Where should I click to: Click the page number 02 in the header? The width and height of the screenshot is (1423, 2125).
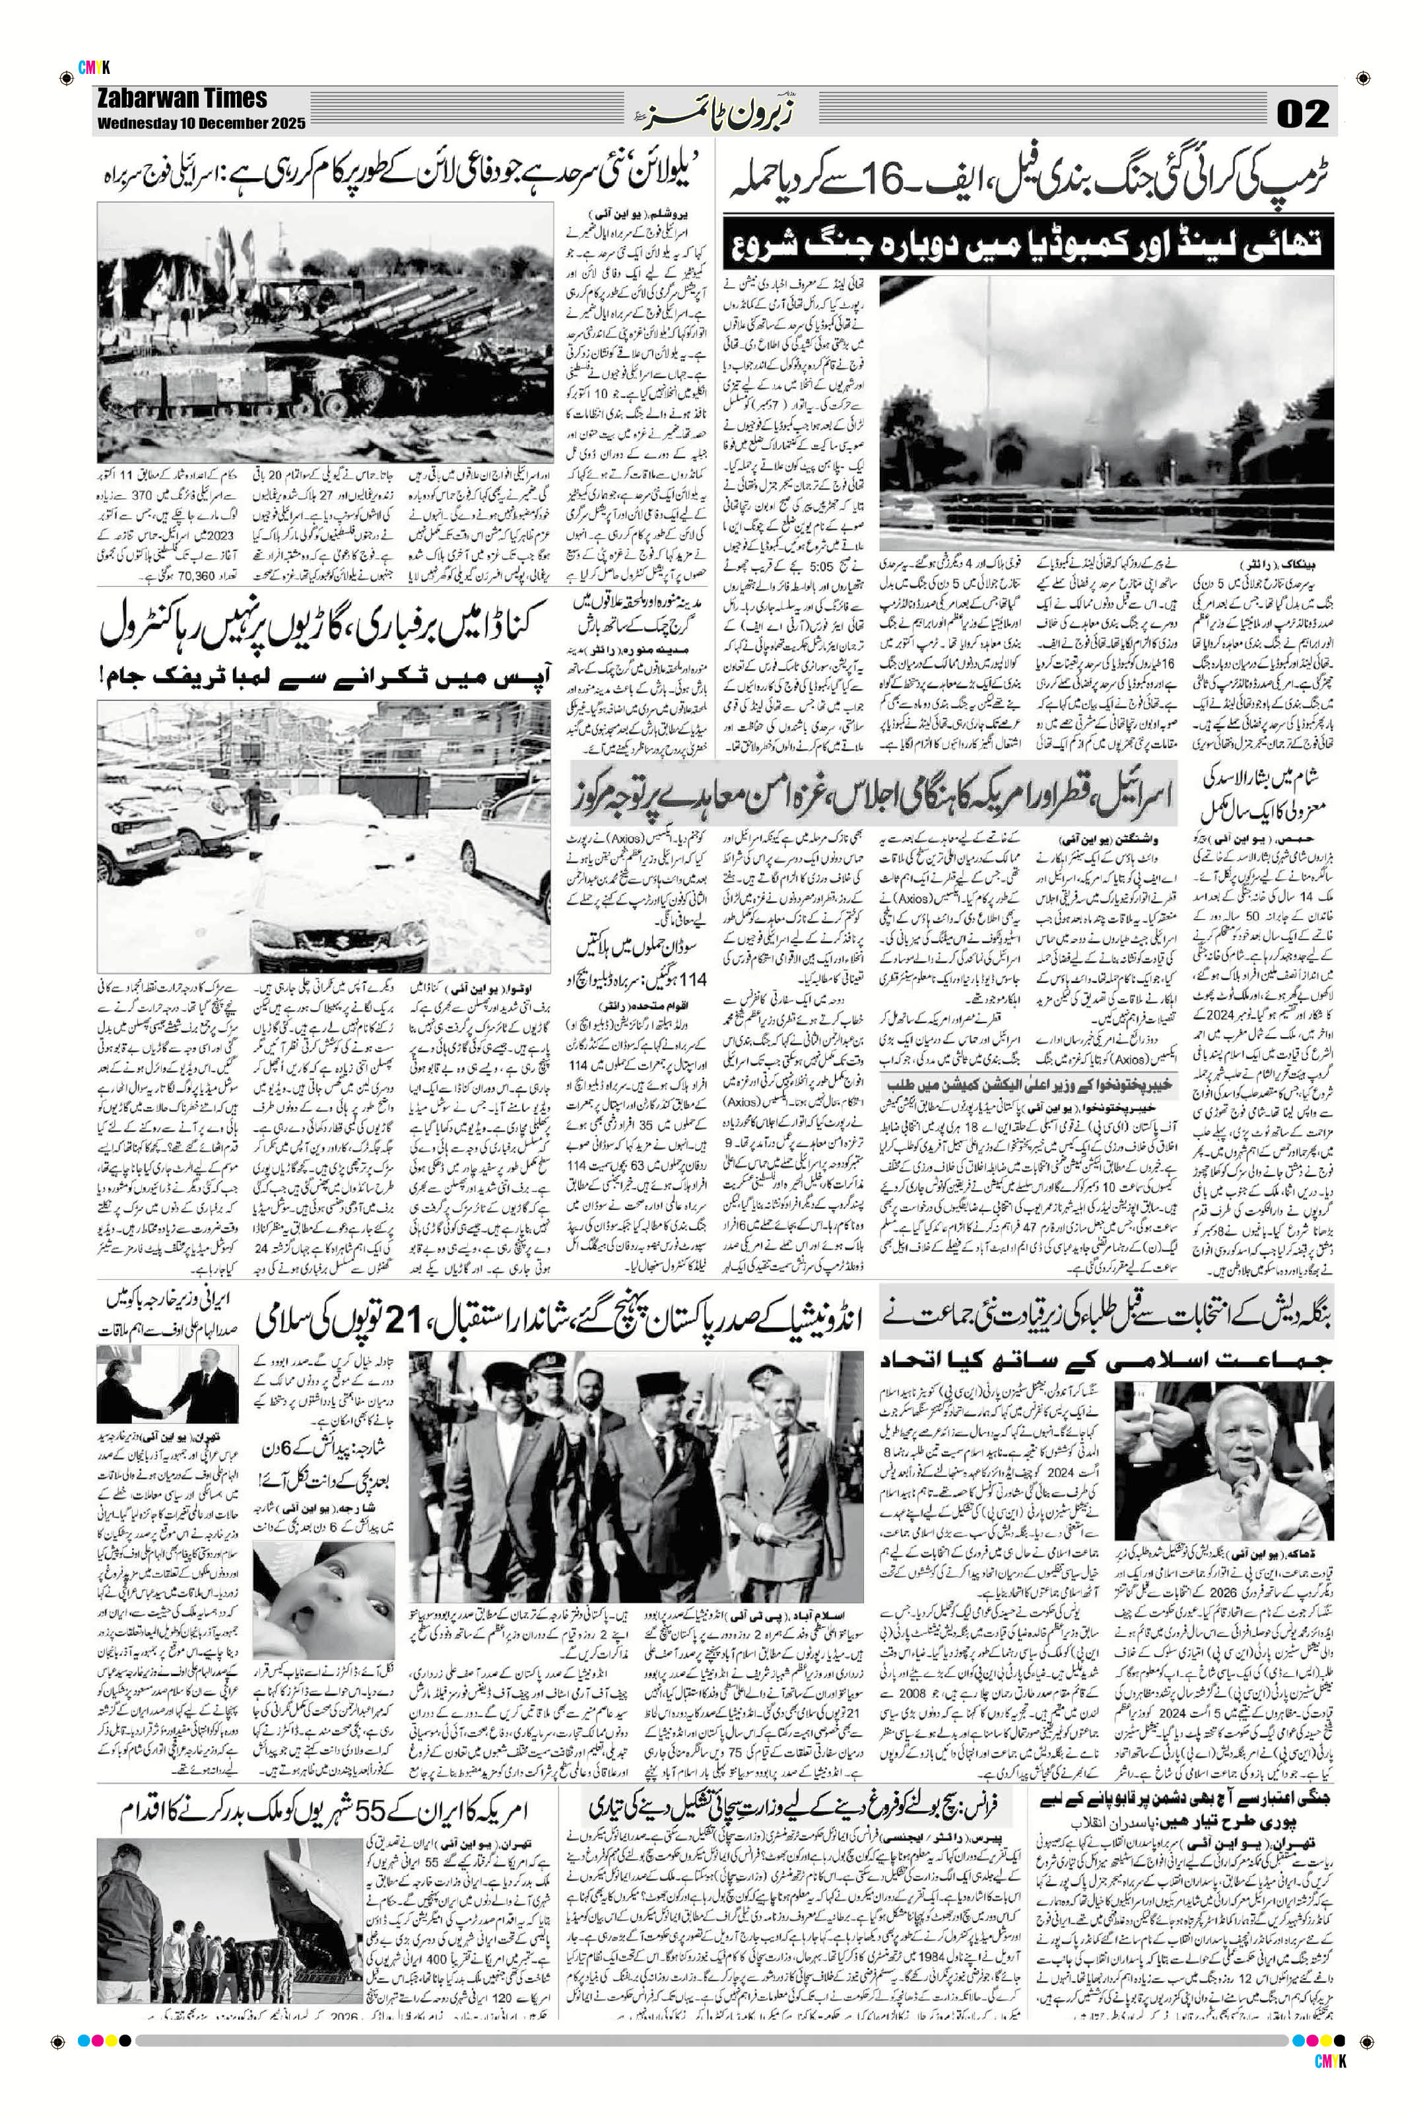click(1302, 114)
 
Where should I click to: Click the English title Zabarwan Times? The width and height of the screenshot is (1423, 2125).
click(182, 99)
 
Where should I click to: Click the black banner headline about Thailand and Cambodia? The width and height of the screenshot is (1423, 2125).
click(1028, 244)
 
